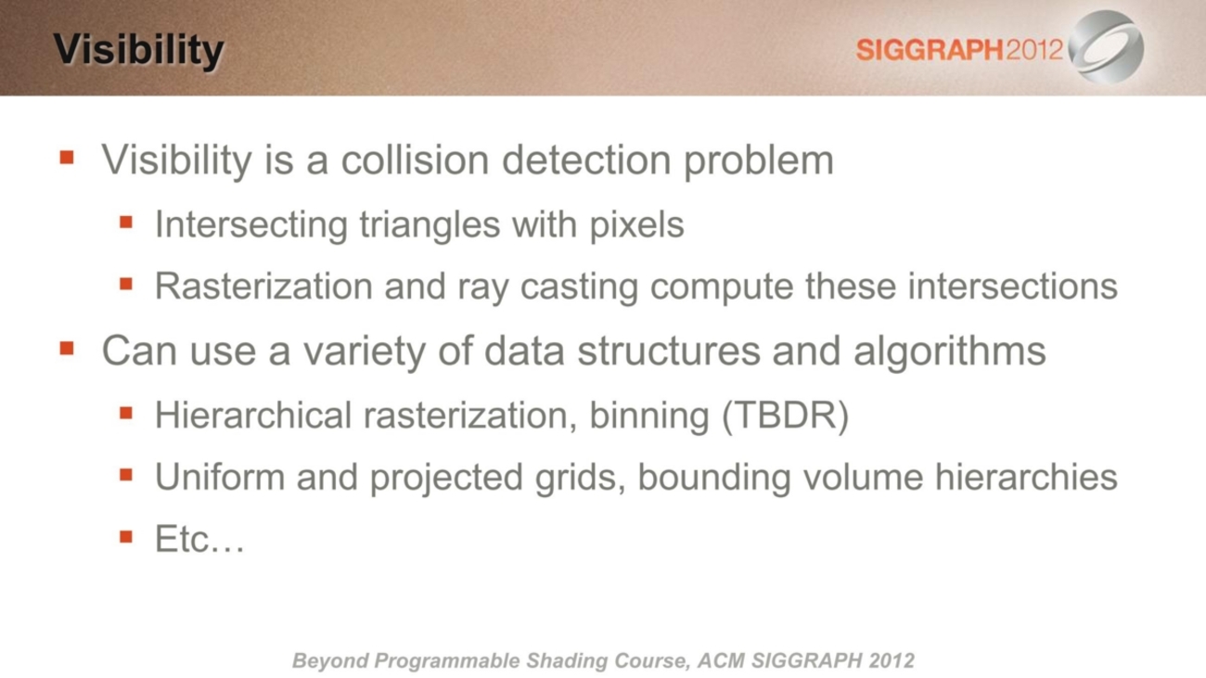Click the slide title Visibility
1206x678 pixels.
click(138, 50)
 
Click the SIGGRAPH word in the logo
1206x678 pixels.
click(930, 50)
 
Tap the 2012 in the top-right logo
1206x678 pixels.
click(1033, 50)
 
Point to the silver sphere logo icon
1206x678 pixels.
click(1106, 46)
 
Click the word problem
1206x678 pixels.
click(759, 161)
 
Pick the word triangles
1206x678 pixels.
click(430, 225)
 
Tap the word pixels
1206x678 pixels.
click(637, 225)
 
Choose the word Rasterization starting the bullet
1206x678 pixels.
click(263, 286)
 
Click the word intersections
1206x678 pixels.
click(1013, 286)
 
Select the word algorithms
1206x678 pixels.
click(950, 352)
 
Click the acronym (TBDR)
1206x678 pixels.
click(785, 416)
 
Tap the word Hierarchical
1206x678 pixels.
click(253, 416)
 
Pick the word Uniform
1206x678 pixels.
click(220, 478)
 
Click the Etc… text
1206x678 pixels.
click(199, 539)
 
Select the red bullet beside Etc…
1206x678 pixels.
click(126, 536)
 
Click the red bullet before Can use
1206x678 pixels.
click(67, 348)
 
